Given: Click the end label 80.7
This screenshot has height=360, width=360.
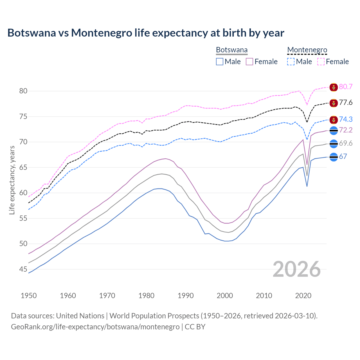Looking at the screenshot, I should click(x=346, y=87).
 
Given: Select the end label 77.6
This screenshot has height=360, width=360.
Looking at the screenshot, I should click(x=346, y=103).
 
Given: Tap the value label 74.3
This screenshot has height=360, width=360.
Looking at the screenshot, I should click(x=346, y=120).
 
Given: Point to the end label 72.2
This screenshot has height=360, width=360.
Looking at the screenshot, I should click(x=346, y=130).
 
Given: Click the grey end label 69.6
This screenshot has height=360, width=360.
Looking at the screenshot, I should click(x=346, y=143).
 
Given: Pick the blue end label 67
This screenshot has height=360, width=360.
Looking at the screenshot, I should click(x=343, y=157).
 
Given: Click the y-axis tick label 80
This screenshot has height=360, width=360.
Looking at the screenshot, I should click(x=23, y=91).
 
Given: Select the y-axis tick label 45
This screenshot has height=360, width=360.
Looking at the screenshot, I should click(x=23, y=269).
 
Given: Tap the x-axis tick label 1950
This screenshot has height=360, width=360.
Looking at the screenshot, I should click(x=29, y=296).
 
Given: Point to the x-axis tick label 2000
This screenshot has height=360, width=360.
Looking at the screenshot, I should click(x=225, y=296).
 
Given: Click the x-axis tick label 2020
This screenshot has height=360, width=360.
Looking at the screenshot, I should click(x=303, y=296).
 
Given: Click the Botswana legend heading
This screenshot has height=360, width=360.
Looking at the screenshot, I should click(x=232, y=50).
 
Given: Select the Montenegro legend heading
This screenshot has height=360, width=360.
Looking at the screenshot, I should click(x=307, y=50).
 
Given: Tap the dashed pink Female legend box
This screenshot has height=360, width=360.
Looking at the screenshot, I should click(x=321, y=62).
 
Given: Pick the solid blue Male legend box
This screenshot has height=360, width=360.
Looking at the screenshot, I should click(x=220, y=62).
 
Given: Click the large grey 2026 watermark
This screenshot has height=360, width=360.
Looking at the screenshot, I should click(x=297, y=269).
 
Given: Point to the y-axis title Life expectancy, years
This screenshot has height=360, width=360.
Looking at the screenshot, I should click(x=12, y=180).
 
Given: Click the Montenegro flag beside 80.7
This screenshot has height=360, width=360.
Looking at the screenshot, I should click(x=333, y=87).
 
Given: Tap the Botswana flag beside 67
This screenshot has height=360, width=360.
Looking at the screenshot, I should click(x=333, y=157).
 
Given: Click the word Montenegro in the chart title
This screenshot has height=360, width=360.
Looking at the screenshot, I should click(x=102, y=33).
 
